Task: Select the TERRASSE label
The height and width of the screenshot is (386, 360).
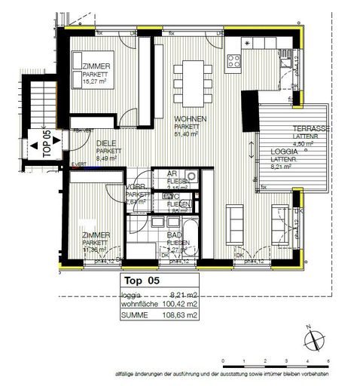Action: point(310,129)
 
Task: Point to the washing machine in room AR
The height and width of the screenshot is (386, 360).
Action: point(191,178)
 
